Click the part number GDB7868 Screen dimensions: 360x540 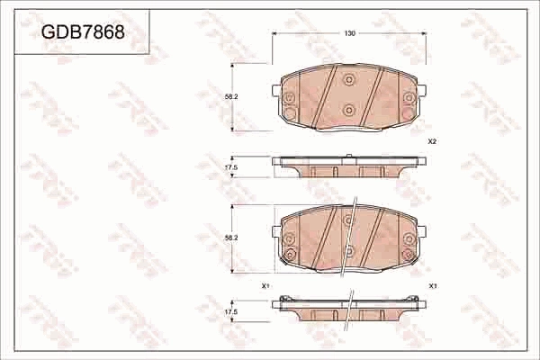click(x=83, y=32)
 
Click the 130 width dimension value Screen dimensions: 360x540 click(x=349, y=32)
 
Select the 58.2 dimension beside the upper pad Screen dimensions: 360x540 click(x=230, y=97)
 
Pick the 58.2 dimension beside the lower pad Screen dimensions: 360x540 click(x=230, y=238)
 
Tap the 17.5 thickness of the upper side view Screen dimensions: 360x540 click(x=230, y=167)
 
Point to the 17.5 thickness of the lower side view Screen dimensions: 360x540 click(x=230, y=311)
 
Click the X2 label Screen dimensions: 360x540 click(x=432, y=142)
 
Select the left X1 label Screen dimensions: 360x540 click(x=265, y=285)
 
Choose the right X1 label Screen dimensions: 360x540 click(x=433, y=285)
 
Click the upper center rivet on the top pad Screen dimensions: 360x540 click(x=349, y=79)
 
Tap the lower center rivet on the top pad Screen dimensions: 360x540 click(x=349, y=110)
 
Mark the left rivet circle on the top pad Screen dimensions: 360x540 click(x=290, y=99)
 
